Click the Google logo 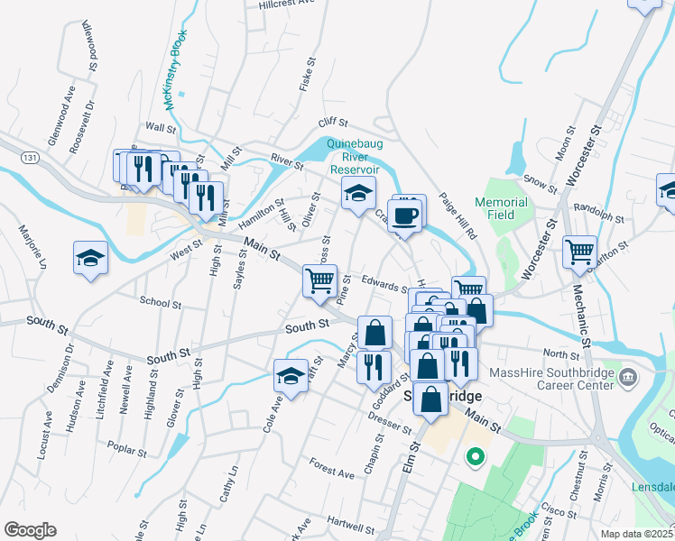coord(30,530)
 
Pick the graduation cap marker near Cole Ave coord(291,378)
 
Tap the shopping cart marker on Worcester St coord(579,252)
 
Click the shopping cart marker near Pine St coord(320,282)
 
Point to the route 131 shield coord(32,157)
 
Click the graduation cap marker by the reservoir coord(358,193)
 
